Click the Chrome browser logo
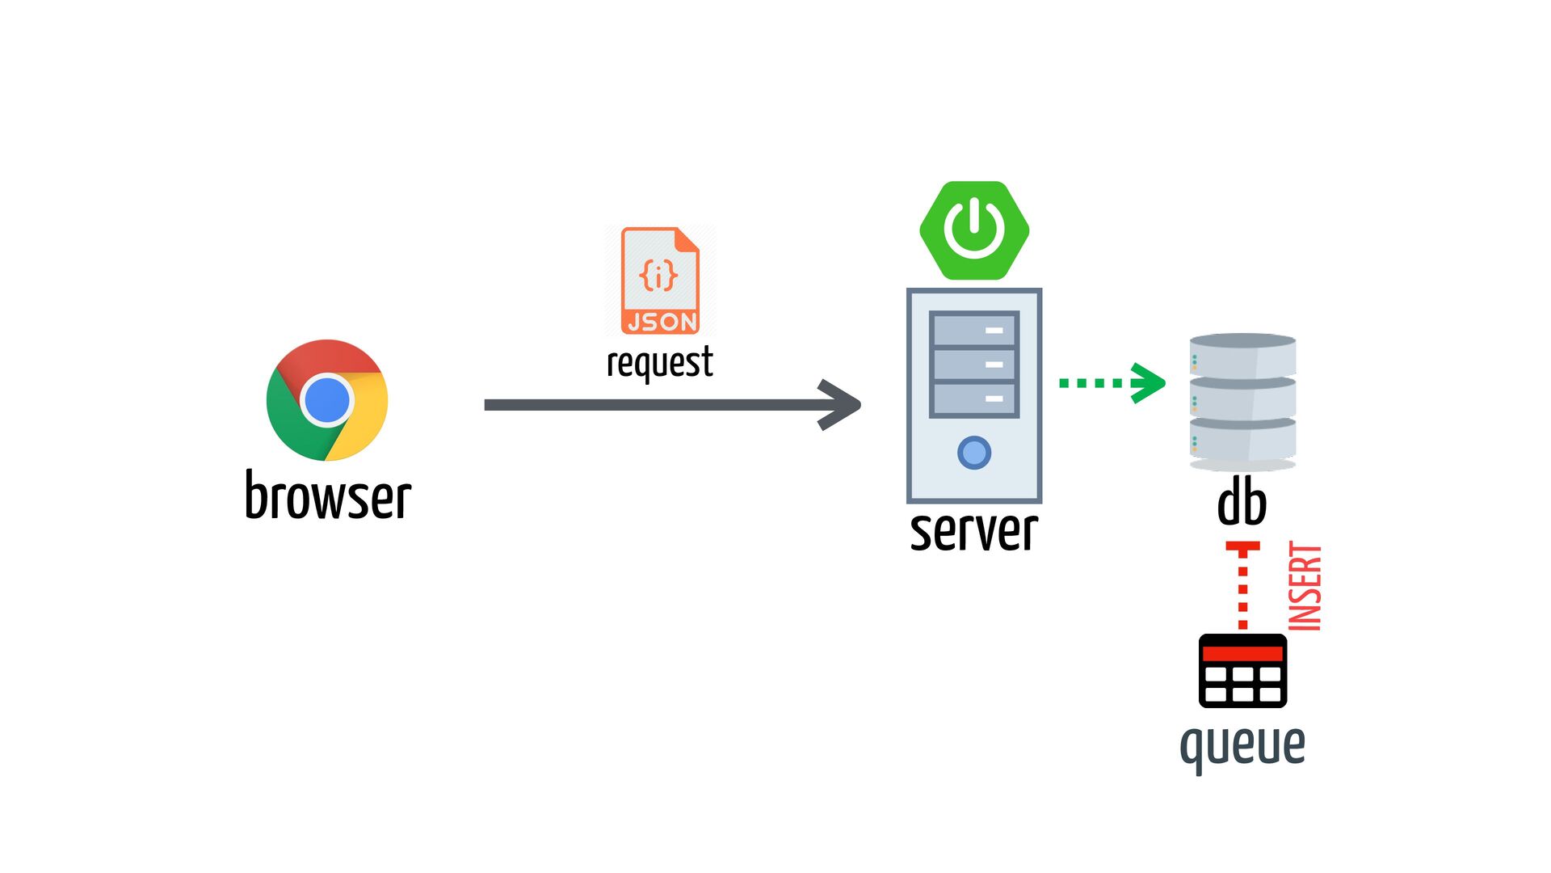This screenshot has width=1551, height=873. pos(327,399)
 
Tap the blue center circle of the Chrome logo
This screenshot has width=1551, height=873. pos(326,399)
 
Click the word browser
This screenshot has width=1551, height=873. pos(328,496)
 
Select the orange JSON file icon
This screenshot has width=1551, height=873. pos(660,280)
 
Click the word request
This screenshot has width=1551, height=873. pos(659,362)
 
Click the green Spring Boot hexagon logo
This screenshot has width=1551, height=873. pos(974,230)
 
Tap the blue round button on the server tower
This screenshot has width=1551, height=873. pos(974,453)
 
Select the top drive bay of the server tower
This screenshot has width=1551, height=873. pos(973,330)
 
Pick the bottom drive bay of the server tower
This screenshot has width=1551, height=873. pos(973,399)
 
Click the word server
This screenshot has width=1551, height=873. pos(973,531)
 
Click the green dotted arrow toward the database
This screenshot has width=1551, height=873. pos(1112,382)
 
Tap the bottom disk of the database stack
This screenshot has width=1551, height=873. pos(1242,441)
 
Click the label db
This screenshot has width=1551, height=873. pos(1242,503)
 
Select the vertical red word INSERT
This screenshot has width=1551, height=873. pos(1305,586)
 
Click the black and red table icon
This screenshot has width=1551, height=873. pos(1242,671)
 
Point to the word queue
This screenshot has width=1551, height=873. pos(1242,744)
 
